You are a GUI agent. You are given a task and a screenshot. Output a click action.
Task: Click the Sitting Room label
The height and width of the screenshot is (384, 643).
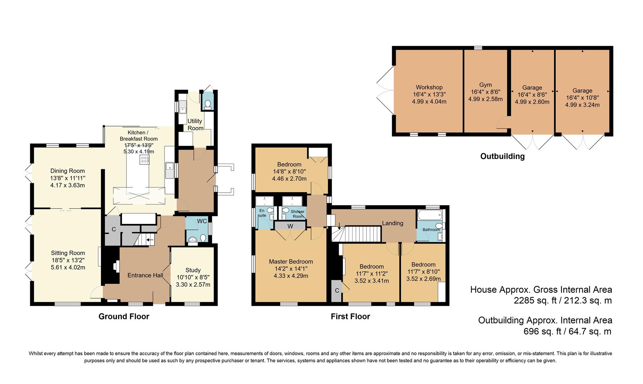tap(68, 253)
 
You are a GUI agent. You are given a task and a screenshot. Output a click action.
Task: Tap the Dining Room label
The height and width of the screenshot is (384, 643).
tap(68, 171)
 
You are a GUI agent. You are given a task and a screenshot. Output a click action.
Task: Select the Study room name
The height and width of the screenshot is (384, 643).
tap(193, 270)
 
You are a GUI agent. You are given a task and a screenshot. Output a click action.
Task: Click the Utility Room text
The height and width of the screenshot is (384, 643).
tap(195, 124)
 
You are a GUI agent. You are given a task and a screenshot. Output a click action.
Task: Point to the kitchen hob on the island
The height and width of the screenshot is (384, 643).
tap(145, 159)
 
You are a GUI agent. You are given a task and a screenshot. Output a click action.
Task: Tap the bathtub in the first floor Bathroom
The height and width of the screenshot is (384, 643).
tap(430, 215)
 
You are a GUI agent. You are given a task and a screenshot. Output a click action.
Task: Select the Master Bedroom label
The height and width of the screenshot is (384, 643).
tap(291, 262)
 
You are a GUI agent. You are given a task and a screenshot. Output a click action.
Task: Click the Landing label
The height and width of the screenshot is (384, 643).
tap(392, 223)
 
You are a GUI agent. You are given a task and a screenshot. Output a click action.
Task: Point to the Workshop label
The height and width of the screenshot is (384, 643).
tap(429, 87)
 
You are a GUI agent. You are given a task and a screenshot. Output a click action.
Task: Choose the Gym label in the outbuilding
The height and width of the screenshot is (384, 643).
tap(486, 85)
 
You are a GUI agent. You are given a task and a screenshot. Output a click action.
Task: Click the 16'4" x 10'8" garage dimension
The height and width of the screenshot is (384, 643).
tap(582, 98)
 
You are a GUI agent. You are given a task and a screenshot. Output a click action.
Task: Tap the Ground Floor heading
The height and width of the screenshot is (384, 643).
tap(124, 316)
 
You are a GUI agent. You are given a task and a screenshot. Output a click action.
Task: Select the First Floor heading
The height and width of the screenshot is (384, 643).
tap(350, 316)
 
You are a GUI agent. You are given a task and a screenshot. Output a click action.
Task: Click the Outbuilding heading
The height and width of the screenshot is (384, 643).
tap(502, 156)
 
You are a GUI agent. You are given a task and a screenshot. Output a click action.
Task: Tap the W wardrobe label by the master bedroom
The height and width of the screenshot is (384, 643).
tap(290, 226)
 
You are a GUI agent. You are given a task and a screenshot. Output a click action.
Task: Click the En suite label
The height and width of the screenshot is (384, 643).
tap(262, 213)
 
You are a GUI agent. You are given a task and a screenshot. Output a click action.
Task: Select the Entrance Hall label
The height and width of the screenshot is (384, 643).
tap(145, 275)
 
